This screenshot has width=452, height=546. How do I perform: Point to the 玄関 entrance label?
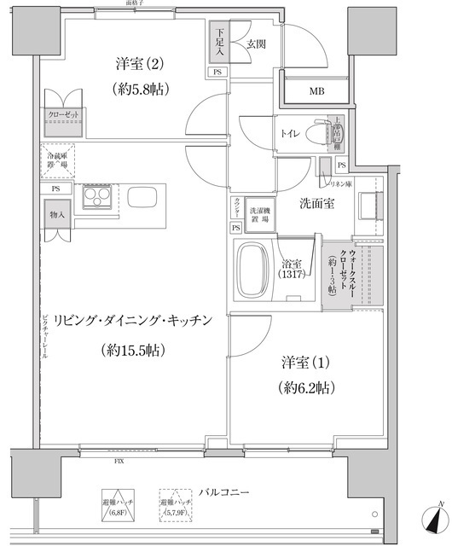coord(255,44)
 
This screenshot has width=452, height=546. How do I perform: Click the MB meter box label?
coord(316,91)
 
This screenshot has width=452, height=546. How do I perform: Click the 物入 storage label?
coord(56,215)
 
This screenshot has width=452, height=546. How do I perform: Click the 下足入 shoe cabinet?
coord(217,42)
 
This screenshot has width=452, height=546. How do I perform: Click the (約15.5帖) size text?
coord(131,350)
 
